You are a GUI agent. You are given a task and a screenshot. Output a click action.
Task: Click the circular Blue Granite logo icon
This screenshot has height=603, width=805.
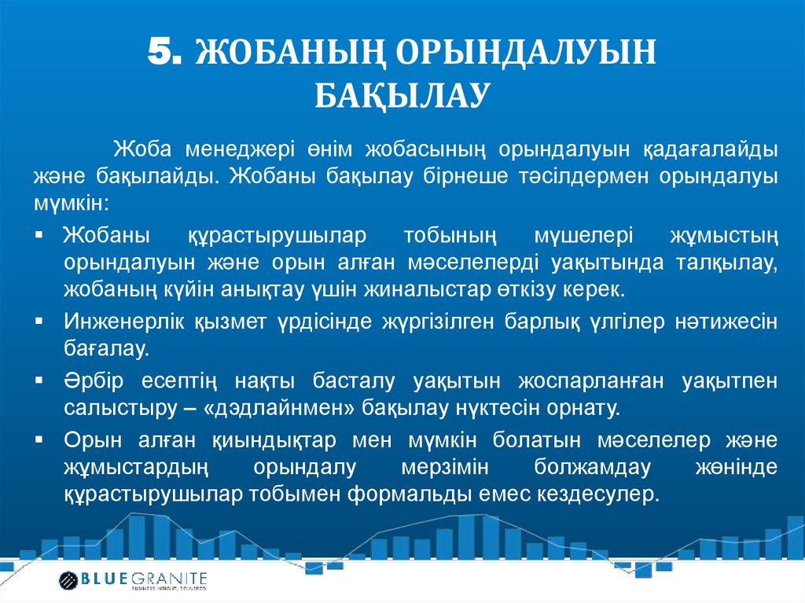point(68,581)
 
